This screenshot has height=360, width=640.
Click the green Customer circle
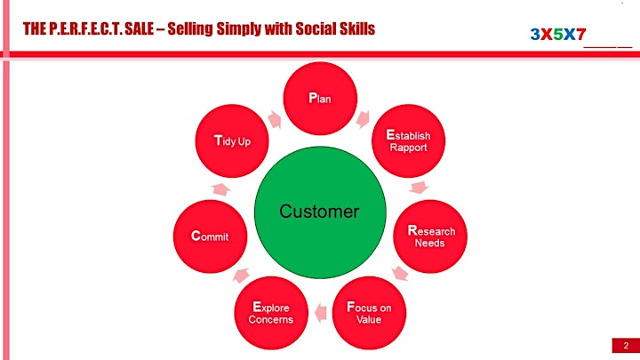point(320,212)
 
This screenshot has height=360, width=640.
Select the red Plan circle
point(320,99)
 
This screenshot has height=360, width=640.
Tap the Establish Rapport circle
point(408,140)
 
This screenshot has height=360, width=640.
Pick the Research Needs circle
point(430,236)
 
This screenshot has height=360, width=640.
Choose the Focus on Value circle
point(369,313)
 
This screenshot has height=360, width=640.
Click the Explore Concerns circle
point(271,313)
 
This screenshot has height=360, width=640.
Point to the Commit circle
point(210,236)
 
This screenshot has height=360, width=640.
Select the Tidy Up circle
point(232,140)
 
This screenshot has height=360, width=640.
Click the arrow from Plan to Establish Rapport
point(363,119)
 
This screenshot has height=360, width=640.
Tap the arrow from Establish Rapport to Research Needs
point(420,188)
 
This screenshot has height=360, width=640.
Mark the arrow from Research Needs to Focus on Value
point(400,273)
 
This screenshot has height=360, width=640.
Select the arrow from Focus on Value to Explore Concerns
point(321,313)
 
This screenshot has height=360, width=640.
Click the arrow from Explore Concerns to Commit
point(241,275)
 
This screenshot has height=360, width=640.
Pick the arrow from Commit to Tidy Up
point(220,189)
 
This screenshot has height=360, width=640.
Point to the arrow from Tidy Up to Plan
point(275,120)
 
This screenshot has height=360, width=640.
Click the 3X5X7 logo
point(558,35)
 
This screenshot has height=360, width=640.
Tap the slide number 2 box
point(626,345)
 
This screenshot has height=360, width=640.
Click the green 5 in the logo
point(557,35)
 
